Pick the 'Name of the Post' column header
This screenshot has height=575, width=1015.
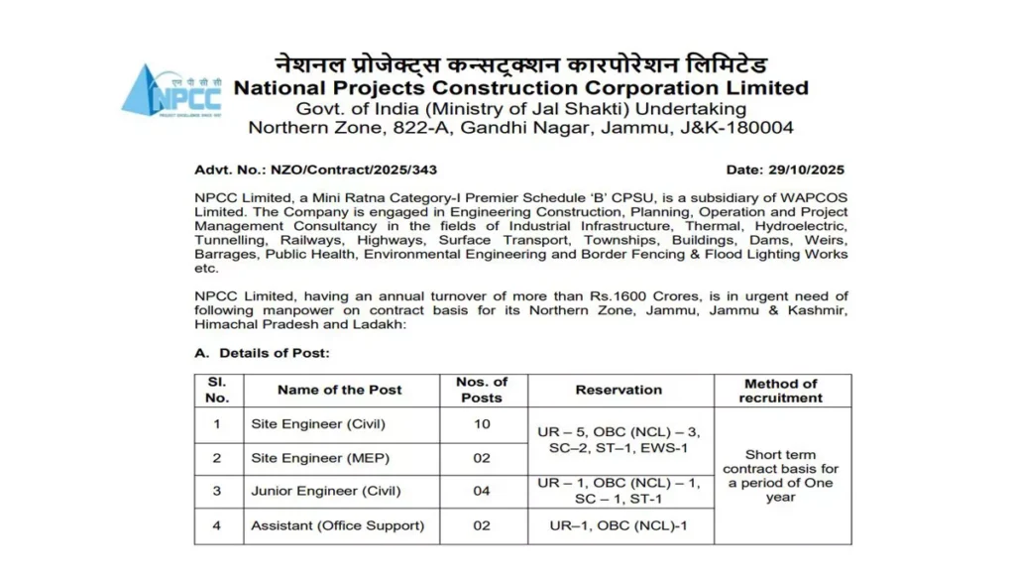click(x=339, y=390)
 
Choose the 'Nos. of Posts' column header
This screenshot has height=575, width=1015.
click(x=481, y=390)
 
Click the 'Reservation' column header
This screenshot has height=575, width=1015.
click(x=619, y=390)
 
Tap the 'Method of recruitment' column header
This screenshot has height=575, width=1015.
click(x=780, y=391)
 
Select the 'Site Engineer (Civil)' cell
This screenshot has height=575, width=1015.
click(x=318, y=424)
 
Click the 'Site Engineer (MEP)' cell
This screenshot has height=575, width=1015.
click(x=316, y=458)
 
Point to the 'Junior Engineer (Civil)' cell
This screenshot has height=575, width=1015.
click(x=326, y=492)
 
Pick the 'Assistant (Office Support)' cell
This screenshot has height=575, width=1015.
click(x=337, y=525)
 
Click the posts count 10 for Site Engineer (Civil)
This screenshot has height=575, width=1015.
click(x=481, y=424)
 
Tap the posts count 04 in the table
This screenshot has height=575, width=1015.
click(x=481, y=492)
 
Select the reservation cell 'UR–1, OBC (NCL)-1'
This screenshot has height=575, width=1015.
click(x=619, y=525)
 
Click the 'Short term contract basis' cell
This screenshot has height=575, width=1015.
click(x=780, y=475)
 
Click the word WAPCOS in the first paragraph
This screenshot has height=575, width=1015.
click(x=816, y=198)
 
